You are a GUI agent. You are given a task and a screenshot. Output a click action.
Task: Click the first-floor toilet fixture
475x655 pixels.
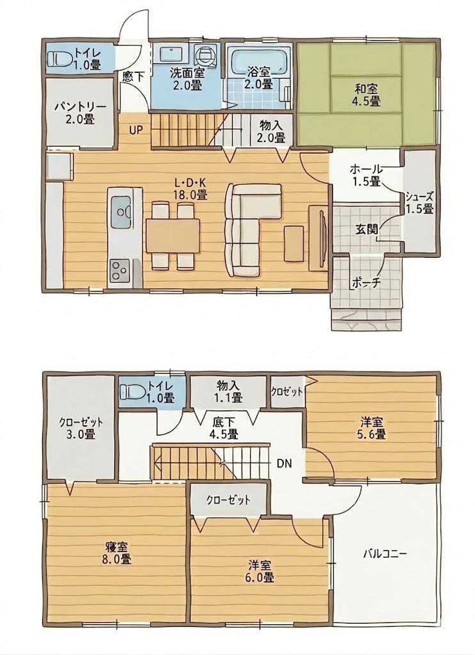[59, 58]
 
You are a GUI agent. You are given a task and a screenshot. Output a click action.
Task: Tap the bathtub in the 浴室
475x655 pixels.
[260, 61]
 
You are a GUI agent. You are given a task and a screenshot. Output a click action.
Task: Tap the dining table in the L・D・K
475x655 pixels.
[173, 235]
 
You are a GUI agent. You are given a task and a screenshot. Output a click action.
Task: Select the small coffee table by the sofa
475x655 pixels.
[294, 244]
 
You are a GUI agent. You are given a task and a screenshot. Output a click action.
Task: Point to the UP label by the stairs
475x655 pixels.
[136, 130]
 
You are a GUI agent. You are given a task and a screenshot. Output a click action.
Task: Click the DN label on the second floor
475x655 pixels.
[284, 463]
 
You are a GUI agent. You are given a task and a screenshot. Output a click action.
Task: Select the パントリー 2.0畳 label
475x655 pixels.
[80, 113]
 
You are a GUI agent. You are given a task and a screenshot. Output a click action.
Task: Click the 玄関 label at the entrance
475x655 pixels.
[367, 229]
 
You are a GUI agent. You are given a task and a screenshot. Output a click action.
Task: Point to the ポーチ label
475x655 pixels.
[366, 283]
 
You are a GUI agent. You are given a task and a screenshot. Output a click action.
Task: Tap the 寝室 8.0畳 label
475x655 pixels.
[117, 553]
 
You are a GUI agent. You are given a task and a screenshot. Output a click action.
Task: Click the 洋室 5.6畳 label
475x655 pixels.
[371, 428]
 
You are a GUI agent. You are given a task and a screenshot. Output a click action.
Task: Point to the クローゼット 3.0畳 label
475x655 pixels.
[81, 428]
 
